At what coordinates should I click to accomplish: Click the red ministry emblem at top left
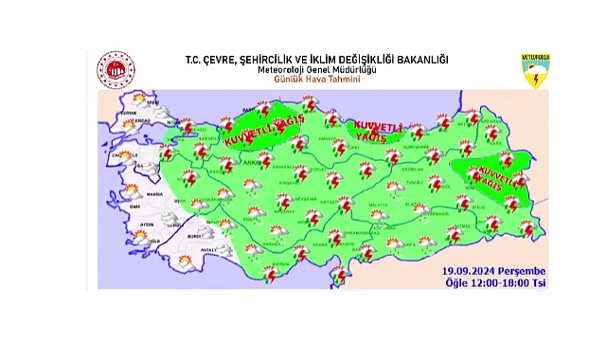pos(116,69)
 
